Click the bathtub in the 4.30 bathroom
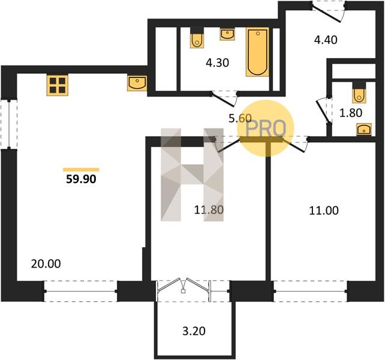pos(257,52)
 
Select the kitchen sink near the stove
pos(137,83)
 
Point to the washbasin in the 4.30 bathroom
pos(227,34)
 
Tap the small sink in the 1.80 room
pos(364,130)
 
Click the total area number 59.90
pos(81,179)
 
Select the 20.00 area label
pos(46,263)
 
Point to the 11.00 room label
pos(324,211)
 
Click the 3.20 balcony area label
pos(194,331)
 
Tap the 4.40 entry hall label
pos(326,40)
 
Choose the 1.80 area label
pos(351,113)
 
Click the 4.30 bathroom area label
pos(217,63)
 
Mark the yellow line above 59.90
pos(81,170)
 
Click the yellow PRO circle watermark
pos(266,128)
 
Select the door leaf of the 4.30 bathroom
pos(223,100)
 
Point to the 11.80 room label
pos(209,210)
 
